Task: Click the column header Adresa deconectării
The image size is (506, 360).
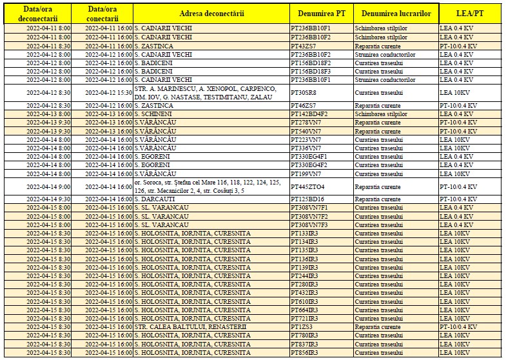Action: click(211, 14)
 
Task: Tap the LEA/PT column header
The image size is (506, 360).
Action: click(471, 14)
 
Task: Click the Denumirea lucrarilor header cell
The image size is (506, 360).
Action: click(395, 14)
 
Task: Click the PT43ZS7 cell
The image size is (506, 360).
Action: click(304, 46)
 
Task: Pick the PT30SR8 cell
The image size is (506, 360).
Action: click(304, 93)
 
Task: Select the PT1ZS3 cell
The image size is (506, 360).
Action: click(302, 326)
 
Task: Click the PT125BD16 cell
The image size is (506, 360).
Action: click(307, 199)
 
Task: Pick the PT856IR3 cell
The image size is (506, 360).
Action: click(305, 352)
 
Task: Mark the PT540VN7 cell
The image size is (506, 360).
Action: click(306, 131)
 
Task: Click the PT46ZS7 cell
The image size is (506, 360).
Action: click(304, 105)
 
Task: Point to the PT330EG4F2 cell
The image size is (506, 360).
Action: click(309, 165)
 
